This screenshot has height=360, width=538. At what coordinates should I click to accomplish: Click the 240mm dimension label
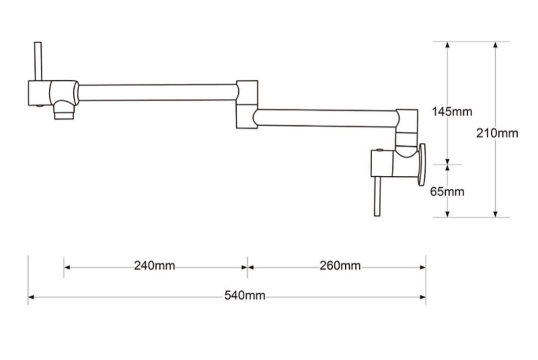(154, 266)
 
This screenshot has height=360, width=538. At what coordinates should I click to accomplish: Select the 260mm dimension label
(340, 266)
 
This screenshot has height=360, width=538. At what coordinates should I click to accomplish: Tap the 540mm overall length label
(245, 296)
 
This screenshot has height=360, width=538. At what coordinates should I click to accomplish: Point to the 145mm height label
(452, 112)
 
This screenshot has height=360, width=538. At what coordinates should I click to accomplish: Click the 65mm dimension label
(447, 192)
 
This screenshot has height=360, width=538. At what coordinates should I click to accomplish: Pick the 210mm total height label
(497, 133)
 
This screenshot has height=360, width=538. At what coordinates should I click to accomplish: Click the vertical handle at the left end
(38, 61)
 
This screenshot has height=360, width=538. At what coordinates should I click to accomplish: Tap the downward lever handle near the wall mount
(377, 196)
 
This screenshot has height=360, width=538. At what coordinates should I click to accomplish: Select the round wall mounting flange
(422, 165)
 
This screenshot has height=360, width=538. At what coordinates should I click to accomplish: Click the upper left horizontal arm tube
(157, 93)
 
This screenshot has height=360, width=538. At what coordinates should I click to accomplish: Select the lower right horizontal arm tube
(326, 118)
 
